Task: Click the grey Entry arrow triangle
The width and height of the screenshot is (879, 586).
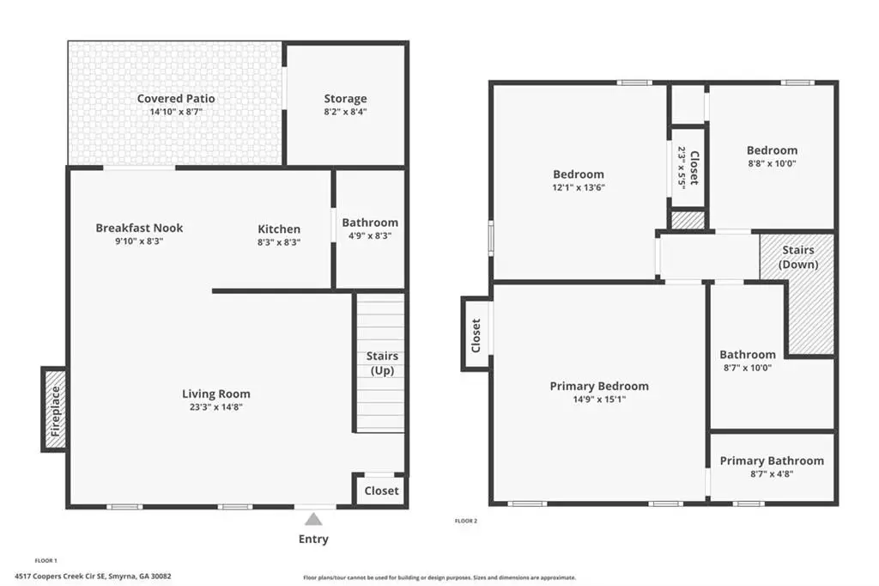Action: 313,519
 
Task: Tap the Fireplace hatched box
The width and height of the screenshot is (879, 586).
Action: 55,409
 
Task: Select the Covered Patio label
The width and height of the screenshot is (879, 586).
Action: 176,98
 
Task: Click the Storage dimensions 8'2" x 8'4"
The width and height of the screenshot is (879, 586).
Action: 345,112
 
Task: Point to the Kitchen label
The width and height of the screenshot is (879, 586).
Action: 279,229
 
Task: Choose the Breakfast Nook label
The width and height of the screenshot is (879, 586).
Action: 139,228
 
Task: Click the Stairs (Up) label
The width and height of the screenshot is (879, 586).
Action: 382,363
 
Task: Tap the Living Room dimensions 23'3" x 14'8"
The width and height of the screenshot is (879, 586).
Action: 215,407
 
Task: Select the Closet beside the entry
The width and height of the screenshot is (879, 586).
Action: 381,491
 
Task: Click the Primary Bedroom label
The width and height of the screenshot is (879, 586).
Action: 599,386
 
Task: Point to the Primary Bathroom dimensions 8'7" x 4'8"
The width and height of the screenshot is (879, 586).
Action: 772,473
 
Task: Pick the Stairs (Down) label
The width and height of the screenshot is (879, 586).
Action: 798,257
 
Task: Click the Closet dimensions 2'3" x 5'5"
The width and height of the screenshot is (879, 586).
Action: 682,168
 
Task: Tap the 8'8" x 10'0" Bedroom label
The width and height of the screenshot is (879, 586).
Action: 772,150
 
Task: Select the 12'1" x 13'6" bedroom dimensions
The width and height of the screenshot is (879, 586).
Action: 579,187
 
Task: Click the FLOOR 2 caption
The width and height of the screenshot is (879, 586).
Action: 466,521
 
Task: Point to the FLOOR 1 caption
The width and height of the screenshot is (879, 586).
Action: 46,560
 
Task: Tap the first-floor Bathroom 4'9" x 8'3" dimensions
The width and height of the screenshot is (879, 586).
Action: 370,235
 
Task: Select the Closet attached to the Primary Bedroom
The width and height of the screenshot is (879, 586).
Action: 476,335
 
